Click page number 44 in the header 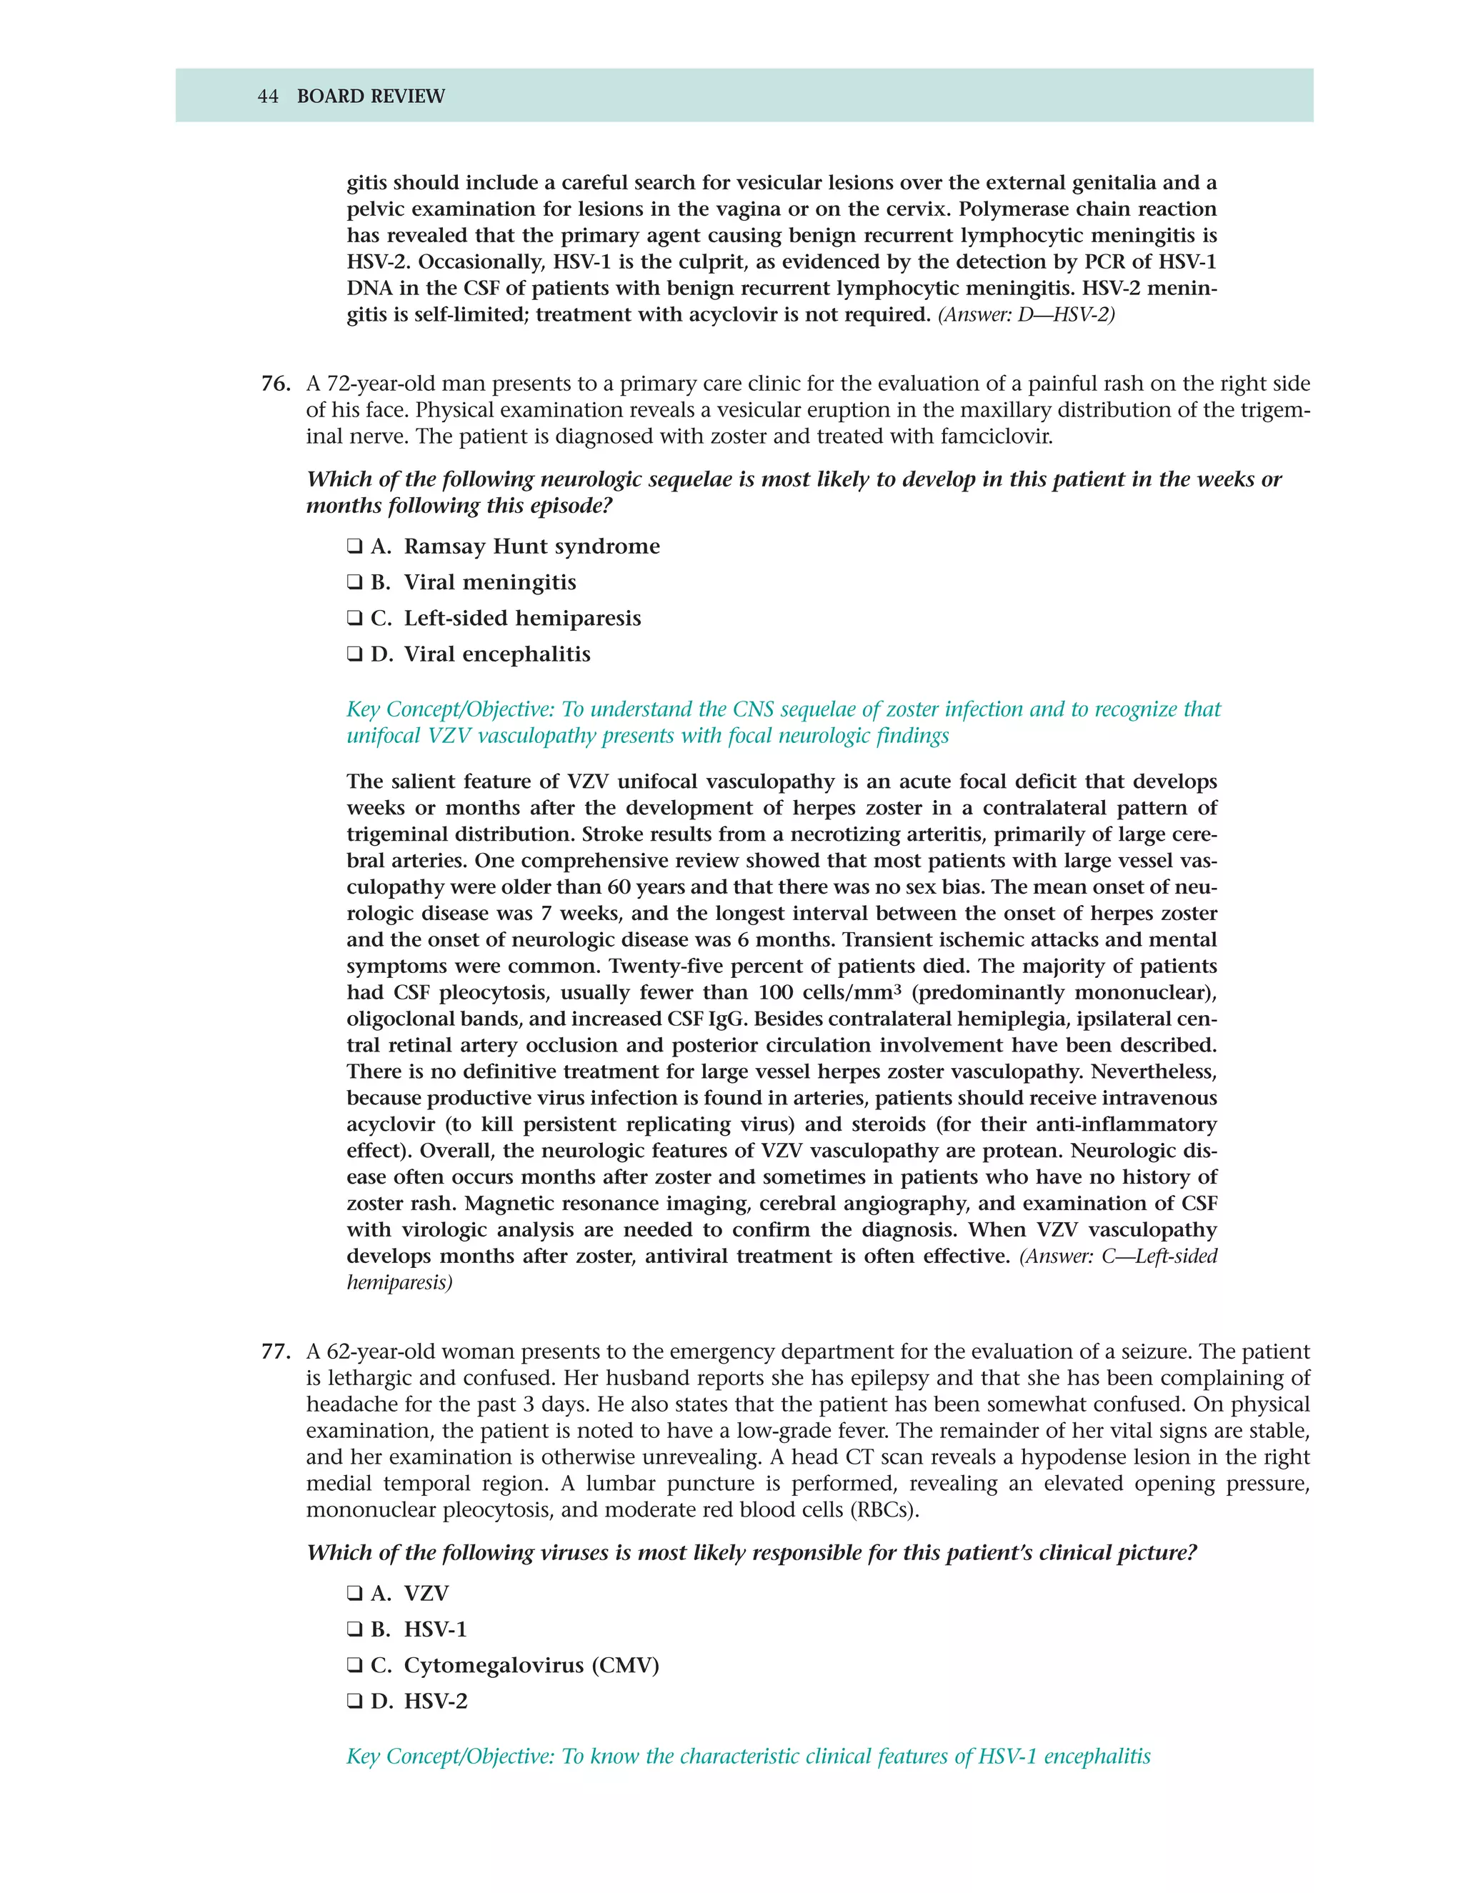[x=268, y=96]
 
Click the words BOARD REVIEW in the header [x=371, y=96]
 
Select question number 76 [x=275, y=384]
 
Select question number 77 [x=275, y=1352]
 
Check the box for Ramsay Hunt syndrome [x=354, y=547]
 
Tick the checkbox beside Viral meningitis [x=354, y=582]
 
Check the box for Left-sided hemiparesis [x=354, y=619]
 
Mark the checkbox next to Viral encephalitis [x=354, y=654]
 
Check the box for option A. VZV [x=354, y=1593]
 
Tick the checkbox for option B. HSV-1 [x=354, y=1629]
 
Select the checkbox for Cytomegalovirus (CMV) [x=354, y=1665]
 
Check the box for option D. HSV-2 [x=354, y=1702]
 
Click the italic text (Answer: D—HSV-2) [x=1027, y=314]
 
